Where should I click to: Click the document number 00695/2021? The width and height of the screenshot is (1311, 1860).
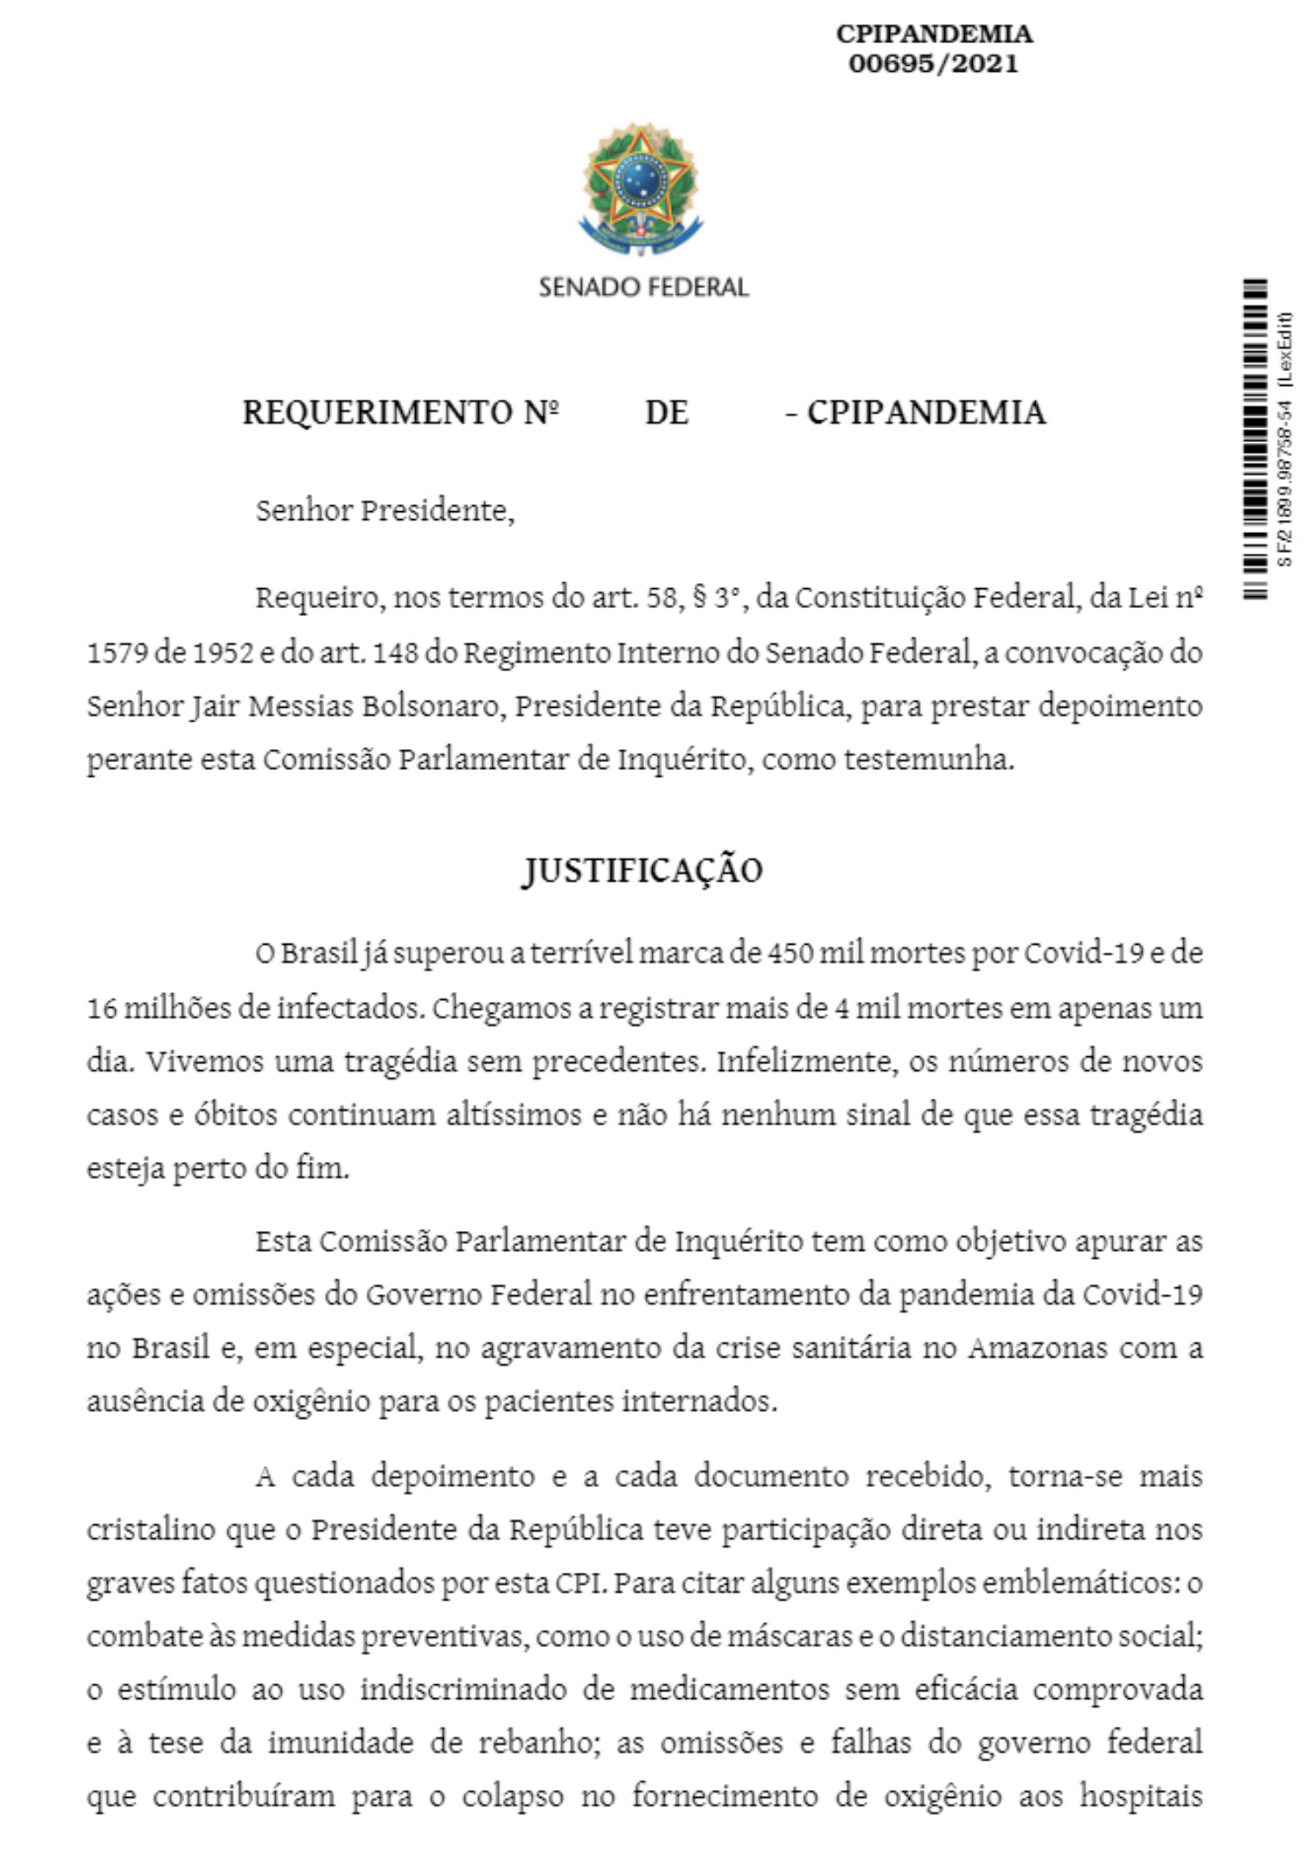tap(933, 64)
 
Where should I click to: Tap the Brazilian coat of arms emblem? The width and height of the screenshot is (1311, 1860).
tap(641, 189)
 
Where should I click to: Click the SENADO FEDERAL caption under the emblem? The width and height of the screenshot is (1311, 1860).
tap(643, 287)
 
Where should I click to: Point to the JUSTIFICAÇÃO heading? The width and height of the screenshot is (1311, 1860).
tap(643, 870)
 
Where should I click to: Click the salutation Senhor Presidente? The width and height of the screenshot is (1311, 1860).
tap(385, 510)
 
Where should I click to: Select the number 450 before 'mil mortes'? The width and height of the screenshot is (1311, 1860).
tap(790, 953)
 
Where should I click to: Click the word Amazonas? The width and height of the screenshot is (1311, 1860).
tap(1037, 1348)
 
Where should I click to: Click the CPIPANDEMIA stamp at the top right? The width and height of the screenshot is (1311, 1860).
tap(934, 35)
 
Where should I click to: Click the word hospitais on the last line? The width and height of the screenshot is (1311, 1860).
tap(1141, 1796)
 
